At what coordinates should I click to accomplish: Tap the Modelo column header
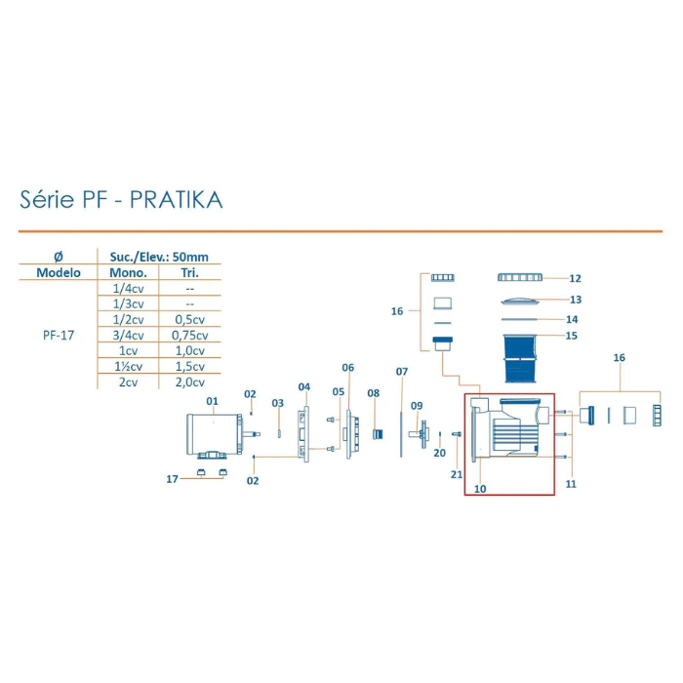coord(59,272)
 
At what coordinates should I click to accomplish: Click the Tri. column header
coord(190,272)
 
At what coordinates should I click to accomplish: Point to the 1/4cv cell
coord(127,288)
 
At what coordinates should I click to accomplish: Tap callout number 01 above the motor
coord(212,401)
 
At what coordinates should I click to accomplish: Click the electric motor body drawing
coord(212,434)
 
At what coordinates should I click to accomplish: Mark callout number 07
coord(401,372)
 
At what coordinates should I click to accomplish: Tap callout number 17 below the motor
coord(173,478)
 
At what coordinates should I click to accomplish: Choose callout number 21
coord(456,474)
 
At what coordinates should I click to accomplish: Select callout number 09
coord(417,405)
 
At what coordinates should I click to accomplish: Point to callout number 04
coord(304,387)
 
